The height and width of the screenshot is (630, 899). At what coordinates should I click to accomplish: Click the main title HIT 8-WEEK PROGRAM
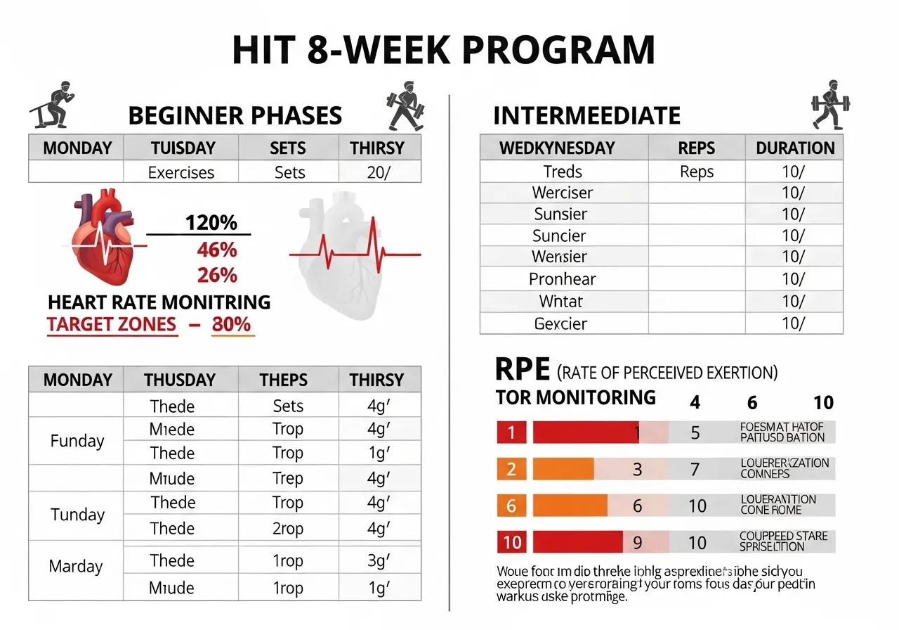tap(443, 51)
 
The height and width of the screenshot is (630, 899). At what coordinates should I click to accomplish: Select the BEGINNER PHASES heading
tap(235, 115)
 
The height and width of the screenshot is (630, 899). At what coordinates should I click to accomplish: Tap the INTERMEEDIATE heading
tap(586, 115)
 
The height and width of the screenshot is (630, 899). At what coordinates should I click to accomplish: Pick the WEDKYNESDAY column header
tap(556, 148)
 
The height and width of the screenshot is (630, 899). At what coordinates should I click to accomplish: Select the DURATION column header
tap(795, 148)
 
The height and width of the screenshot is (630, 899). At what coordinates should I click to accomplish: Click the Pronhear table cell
tap(562, 279)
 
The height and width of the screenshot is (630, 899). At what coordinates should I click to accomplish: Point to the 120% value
tap(211, 223)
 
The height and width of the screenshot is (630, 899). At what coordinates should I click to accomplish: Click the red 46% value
tap(216, 250)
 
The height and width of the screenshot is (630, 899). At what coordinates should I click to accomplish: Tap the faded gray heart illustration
tap(341, 253)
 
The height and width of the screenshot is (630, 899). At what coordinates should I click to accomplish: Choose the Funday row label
tap(77, 441)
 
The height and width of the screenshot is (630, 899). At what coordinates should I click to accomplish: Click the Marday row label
tap(76, 567)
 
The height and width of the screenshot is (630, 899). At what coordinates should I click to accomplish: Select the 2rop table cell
tap(287, 529)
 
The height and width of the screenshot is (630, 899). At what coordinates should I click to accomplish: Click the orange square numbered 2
tap(511, 469)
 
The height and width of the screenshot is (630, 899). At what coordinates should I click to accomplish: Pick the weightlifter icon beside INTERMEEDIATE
tap(829, 103)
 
